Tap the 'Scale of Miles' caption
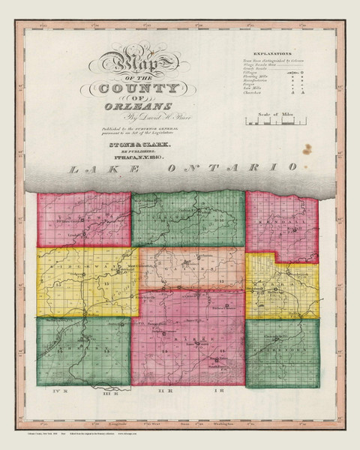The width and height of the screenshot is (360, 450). click(270, 112)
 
